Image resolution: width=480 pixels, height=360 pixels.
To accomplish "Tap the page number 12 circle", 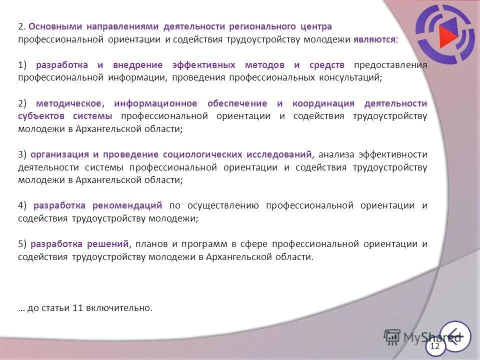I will point(435,346).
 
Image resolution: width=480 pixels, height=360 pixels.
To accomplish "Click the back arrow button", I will point(455,335).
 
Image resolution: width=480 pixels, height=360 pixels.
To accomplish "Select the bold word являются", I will point(374,39).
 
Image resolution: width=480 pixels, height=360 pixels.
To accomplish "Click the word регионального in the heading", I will point(263,26).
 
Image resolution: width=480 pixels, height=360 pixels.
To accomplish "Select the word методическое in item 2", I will point(70,103).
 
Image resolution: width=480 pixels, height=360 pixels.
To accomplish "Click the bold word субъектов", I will point(42,116).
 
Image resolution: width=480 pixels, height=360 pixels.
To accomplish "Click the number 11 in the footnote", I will point(77,308).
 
